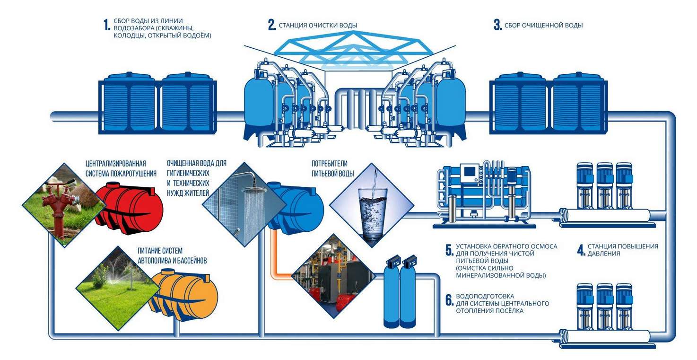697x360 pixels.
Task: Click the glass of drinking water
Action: click(x=372, y=214)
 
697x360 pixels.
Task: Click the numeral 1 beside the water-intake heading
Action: click(x=107, y=25)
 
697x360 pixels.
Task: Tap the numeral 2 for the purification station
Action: click(x=271, y=25)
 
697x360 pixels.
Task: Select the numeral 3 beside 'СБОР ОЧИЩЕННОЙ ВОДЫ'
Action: click(x=497, y=25)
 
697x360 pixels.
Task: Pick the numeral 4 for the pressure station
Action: click(x=581, y=250)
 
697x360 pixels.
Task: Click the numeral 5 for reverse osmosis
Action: click(x=450, y=250)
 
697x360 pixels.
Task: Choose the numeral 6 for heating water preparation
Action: click(x=450, y=300)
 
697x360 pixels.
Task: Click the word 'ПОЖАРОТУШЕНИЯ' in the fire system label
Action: click(x=135, y=174)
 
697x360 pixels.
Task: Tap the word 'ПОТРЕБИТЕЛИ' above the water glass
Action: click(x=329, y=164)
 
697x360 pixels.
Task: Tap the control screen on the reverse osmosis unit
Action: click(x=470, y=172)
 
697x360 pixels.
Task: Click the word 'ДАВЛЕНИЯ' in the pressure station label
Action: click(x=604, y=254)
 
